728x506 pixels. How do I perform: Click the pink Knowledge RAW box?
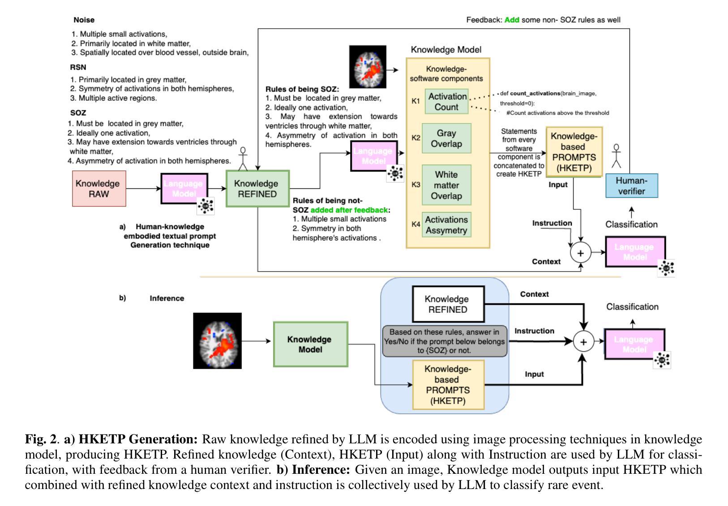99,189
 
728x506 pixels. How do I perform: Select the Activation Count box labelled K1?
446,101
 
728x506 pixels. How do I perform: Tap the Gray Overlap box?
446,138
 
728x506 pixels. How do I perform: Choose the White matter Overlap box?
446,185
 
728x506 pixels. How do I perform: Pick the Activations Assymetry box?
446,225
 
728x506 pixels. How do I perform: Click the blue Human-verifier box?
631,186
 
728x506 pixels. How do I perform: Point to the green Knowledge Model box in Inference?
310,344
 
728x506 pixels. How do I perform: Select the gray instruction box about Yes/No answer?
445,341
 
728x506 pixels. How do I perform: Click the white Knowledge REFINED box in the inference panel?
448,304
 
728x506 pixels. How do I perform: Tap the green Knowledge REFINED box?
257,189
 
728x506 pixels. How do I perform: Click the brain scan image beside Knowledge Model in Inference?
218,341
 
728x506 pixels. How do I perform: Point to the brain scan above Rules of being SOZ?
368,67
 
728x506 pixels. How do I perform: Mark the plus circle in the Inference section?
583,342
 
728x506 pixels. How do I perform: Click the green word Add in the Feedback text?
512,20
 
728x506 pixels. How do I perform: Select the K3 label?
415,184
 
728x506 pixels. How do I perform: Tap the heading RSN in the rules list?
78,67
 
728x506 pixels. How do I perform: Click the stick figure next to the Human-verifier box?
616,156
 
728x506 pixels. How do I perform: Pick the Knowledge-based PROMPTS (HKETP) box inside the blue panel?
448,385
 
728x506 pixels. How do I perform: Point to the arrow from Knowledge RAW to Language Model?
144,188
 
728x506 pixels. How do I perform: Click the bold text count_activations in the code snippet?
535,94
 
